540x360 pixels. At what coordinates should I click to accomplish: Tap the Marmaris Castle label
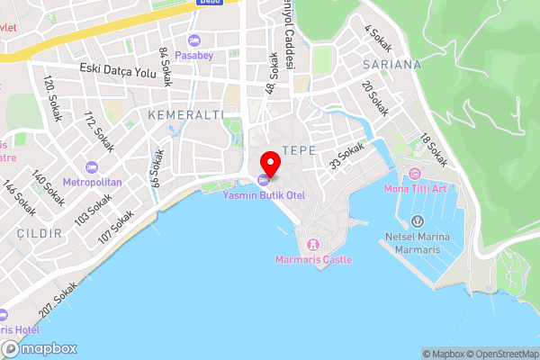pyautogui.click(x=313, y=259)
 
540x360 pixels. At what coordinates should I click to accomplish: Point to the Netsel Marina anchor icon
pyautogui.click(x=417, y=221)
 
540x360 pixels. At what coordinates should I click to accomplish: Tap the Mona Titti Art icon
pyautogui.click(x=414, y=173)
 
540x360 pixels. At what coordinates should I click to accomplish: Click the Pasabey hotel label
pyautogui.click(x=195, y=56)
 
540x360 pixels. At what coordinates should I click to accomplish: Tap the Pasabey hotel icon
pyautogui.click(x=195, y=40)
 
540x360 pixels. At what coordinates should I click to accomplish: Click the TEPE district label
pyautogui.click(x=299, y=149)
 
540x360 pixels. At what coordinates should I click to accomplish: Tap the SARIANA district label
pyautogui.click(x=391, y=65)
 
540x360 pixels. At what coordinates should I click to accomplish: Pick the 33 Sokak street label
pyautogui.click(x=346, y=156)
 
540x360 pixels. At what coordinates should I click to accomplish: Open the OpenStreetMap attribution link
pyautogui.click(x=499, y=354)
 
